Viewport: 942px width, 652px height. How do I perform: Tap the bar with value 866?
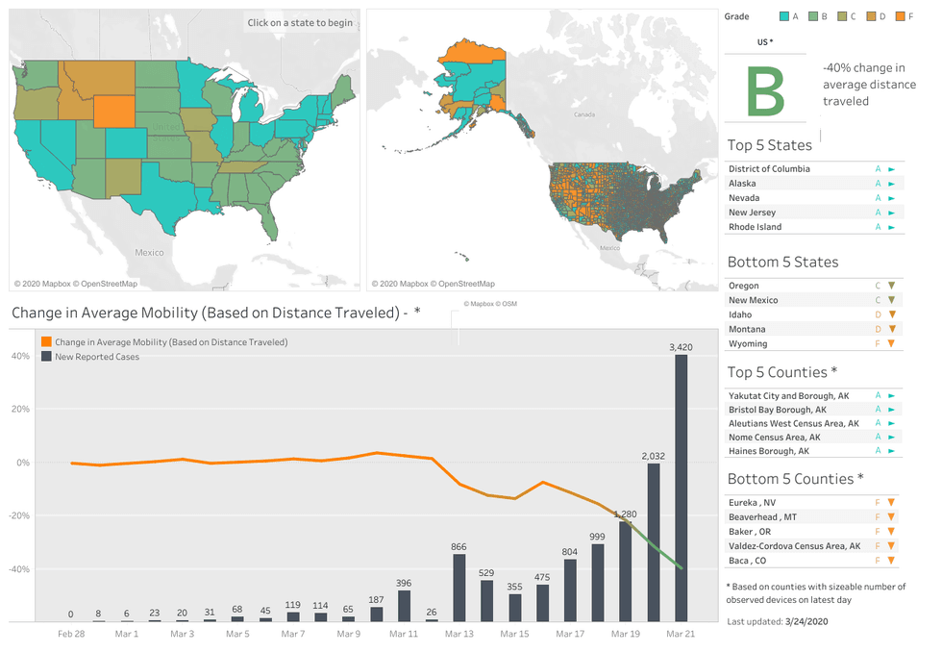[x=459, y=587]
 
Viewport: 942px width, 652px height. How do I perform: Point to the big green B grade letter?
[x=765, y=91]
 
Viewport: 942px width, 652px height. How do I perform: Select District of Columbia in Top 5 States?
[x=769, y=169]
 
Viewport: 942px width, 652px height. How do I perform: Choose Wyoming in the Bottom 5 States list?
[x=748, y=343]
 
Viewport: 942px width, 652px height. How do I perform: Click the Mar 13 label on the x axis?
[x=459, y=634]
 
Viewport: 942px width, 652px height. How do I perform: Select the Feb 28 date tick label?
[x=71, y=634]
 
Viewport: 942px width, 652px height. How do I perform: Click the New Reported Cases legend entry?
[x=97, y=357]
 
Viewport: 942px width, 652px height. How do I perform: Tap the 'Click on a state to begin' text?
[x=300, y=23]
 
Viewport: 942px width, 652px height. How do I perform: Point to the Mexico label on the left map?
[x=149, y=253]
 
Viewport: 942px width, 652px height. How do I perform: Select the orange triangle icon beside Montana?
[x=892, y=329]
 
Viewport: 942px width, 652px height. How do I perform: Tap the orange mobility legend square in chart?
[x=46, y=341]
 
